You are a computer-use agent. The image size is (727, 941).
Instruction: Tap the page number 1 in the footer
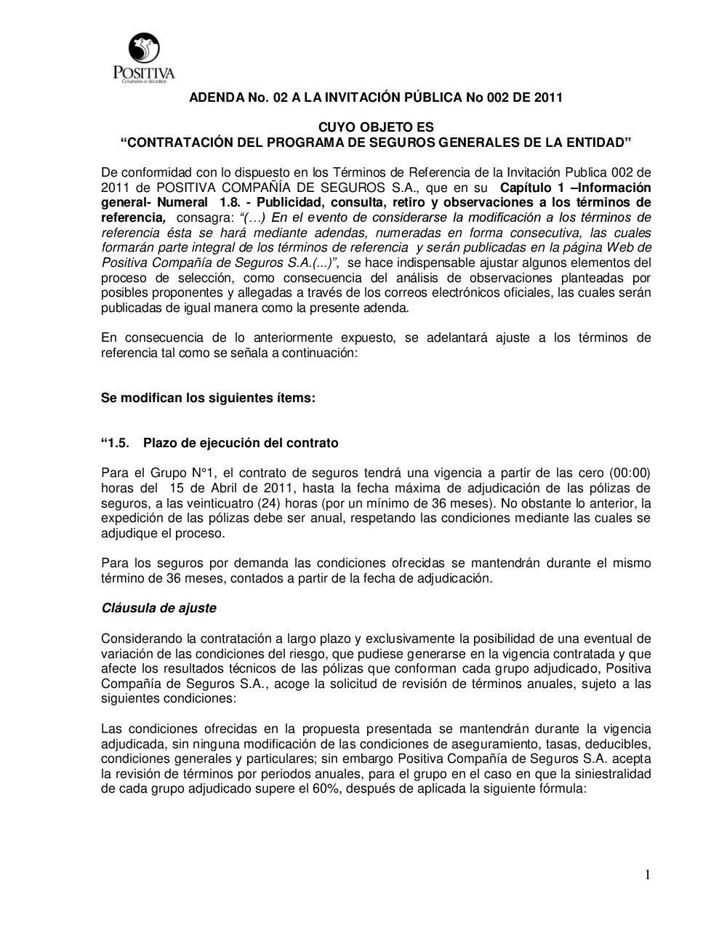click(x=647, y=875)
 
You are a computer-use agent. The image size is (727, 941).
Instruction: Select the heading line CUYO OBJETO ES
click(x=376, y=128)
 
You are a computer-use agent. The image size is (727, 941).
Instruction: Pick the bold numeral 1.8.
click(x=220, y=202)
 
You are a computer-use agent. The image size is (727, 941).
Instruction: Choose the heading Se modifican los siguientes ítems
click(x=208, y=398)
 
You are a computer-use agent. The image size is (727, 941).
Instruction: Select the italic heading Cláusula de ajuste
click(x=158, y=608)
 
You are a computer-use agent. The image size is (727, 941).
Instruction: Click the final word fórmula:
click(x=561, y=788)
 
